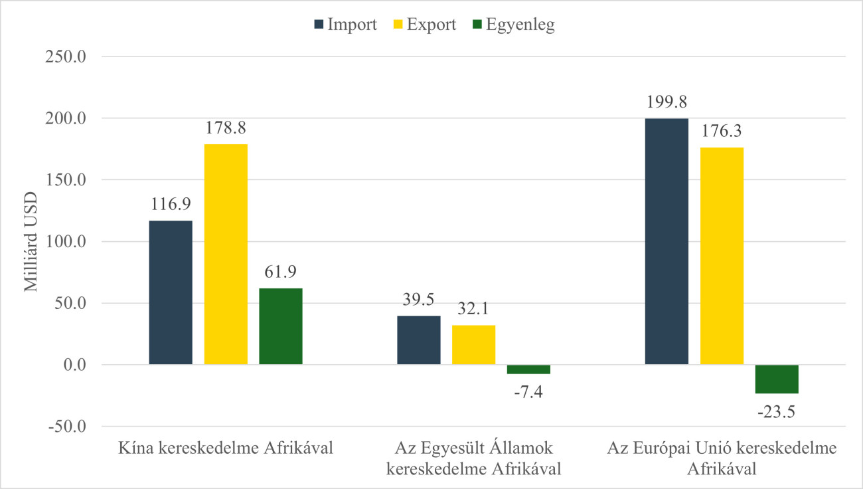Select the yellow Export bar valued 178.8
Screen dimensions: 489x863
(226, 254)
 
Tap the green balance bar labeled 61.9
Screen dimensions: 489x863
(281, 326)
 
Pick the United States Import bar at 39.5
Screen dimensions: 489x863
(419, 340)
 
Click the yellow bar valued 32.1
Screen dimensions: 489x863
(474, 345)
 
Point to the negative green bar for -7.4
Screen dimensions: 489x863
(528, 369)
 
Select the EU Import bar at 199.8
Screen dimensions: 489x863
(667, 241)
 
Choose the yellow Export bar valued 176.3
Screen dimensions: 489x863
(722, 256)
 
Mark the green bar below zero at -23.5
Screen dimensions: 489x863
(777, 379)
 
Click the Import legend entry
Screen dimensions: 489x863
(345, 25)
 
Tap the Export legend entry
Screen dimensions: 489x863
(425, 25)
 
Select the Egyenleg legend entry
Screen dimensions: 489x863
(512, 25)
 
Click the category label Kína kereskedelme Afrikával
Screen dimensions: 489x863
(225, 448)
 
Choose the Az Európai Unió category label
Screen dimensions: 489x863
(722, 458)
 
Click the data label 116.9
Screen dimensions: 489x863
(171, 204)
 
